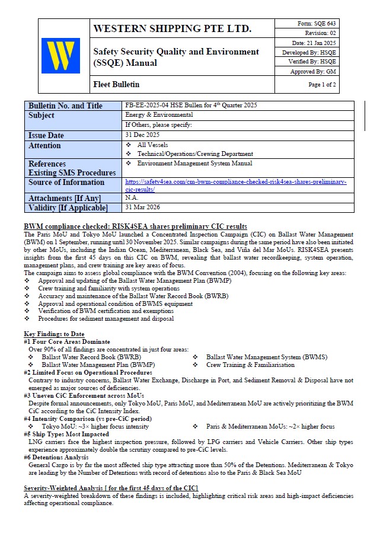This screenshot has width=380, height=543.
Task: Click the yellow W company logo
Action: point(61,56)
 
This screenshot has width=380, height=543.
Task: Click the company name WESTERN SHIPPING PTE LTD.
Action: point(172,28)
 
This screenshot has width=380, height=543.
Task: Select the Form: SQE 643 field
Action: point(317,23)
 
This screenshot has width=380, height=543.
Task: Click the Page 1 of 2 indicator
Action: point(322,85)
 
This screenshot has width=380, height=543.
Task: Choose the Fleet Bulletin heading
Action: point(116,85)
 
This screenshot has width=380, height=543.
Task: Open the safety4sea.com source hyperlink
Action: point(235,185)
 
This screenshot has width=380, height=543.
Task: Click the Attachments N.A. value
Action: point(131,197)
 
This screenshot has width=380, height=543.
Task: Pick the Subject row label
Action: point(41,116)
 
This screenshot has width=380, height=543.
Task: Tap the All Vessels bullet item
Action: point(152,145)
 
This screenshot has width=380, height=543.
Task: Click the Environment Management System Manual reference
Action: point(194,163)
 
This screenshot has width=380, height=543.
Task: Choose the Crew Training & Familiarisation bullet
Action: point(255,365)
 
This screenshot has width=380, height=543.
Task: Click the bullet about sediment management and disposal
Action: point(106,318)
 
